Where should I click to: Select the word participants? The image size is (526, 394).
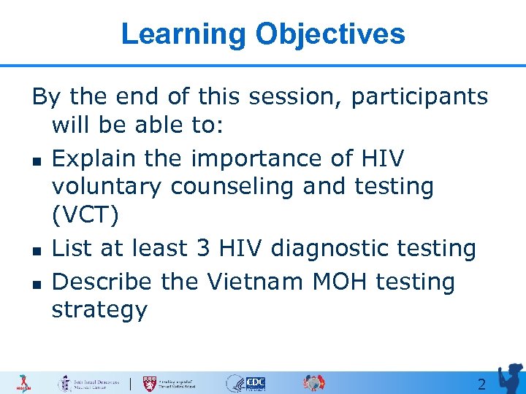(419, 97)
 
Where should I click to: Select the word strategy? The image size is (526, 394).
(99, 310)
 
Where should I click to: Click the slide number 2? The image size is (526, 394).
(481, 385)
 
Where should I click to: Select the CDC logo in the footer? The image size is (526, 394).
(255, 383)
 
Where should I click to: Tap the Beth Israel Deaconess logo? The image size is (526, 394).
(91, 383)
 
